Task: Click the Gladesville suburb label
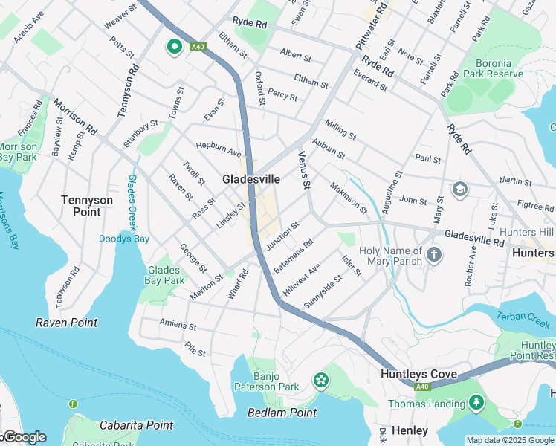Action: tap(251, 179)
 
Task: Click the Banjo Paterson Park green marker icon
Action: tap(321, 381)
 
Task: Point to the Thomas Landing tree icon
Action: tap(475, 404)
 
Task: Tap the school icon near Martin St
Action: tap(459, 189)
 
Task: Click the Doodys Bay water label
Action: tap(124, 239)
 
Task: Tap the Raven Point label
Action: tap(66, 323)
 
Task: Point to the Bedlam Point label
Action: tap(282, 413)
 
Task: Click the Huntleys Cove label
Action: tap(418, 374)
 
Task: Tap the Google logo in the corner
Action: tap(24, 437)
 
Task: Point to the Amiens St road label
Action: tap(178, 326)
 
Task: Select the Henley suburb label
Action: tap(410, 431)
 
